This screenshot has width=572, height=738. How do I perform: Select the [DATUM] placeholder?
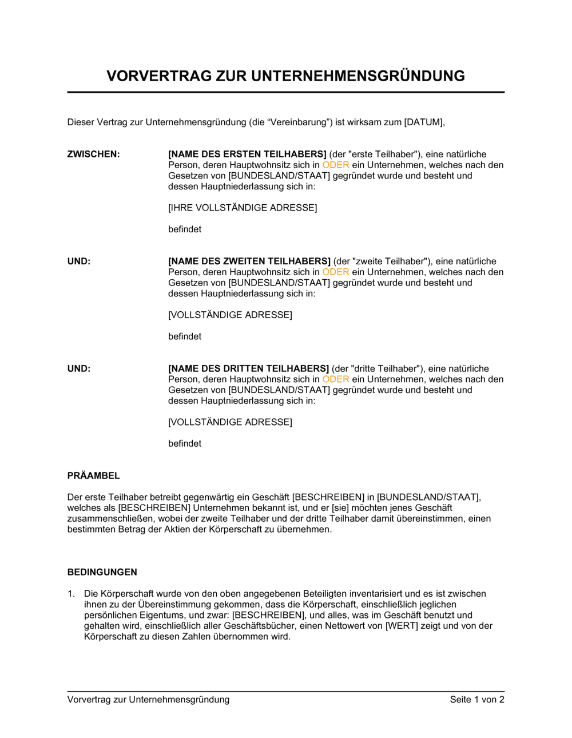pyautogui.click(x=423, y=122)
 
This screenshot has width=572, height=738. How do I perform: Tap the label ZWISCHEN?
pyautogui.click(x=93, y=154)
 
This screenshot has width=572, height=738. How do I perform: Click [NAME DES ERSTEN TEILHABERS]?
pyautogui.click(x=247, y=154)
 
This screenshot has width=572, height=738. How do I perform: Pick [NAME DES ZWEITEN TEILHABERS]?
pyautogui.click(x=249, y=261)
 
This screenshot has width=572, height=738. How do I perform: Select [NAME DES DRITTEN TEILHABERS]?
pyautogui.click(x=248, y=368)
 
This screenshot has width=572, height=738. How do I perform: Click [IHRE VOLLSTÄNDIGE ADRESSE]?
pyautogui.click(x=243, y=208)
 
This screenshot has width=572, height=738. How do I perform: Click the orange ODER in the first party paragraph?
pyautogui.click(x=335, y=165)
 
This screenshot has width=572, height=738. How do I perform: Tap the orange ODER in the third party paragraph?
pyautogui.click(x=335, y=379)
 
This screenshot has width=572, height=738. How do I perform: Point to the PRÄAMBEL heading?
pyautogui.click(x=93, y=475)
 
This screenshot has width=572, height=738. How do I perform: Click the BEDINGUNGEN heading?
pyautogui.click(x=102, y=572)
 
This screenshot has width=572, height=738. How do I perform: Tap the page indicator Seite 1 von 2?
pyautogui.click(x=476, y=699)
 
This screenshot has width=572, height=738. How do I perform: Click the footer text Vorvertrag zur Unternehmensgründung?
pyautogui.click(x=148, y=699)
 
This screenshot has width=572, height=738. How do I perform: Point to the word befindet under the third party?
pyautogui.click(x=185, y=443)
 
